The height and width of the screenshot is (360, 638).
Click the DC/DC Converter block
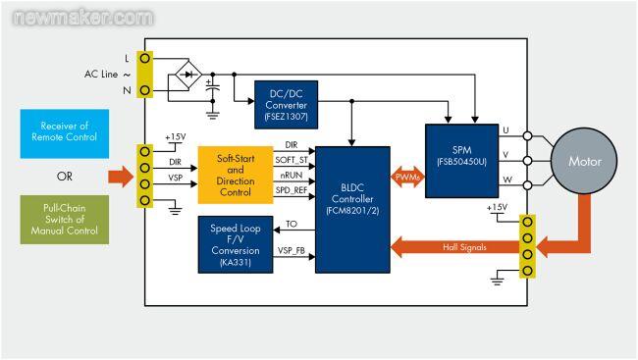[286, 105]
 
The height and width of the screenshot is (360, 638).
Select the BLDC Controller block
[352, 210]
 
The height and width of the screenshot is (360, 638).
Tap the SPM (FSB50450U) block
[462, 161]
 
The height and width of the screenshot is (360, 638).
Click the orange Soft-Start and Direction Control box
[236, 175]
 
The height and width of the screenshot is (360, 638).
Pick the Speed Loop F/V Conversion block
[236, 244]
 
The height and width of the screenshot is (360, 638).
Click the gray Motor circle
[584, 161]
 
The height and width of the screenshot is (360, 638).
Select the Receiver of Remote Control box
[65, 133]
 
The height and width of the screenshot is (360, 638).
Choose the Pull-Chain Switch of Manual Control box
[65, 220]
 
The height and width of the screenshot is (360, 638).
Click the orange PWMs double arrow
[407, 177]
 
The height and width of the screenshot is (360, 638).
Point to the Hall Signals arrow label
[464, 247]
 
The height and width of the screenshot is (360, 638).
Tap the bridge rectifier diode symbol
[188, 75]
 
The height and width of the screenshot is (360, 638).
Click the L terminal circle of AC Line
[144, 58]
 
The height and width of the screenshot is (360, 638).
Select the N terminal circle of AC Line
[144, 90]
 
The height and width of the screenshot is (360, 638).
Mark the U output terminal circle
[527, 136]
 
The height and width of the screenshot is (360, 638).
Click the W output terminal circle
[527, 185]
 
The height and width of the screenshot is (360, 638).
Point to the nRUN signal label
[292, 176]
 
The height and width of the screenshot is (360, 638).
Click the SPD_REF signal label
[292, 190]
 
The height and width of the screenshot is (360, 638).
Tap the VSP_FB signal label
[292, 250]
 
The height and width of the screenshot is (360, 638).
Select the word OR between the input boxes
[65, 177]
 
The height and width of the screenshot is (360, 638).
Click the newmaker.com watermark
[83, 18]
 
